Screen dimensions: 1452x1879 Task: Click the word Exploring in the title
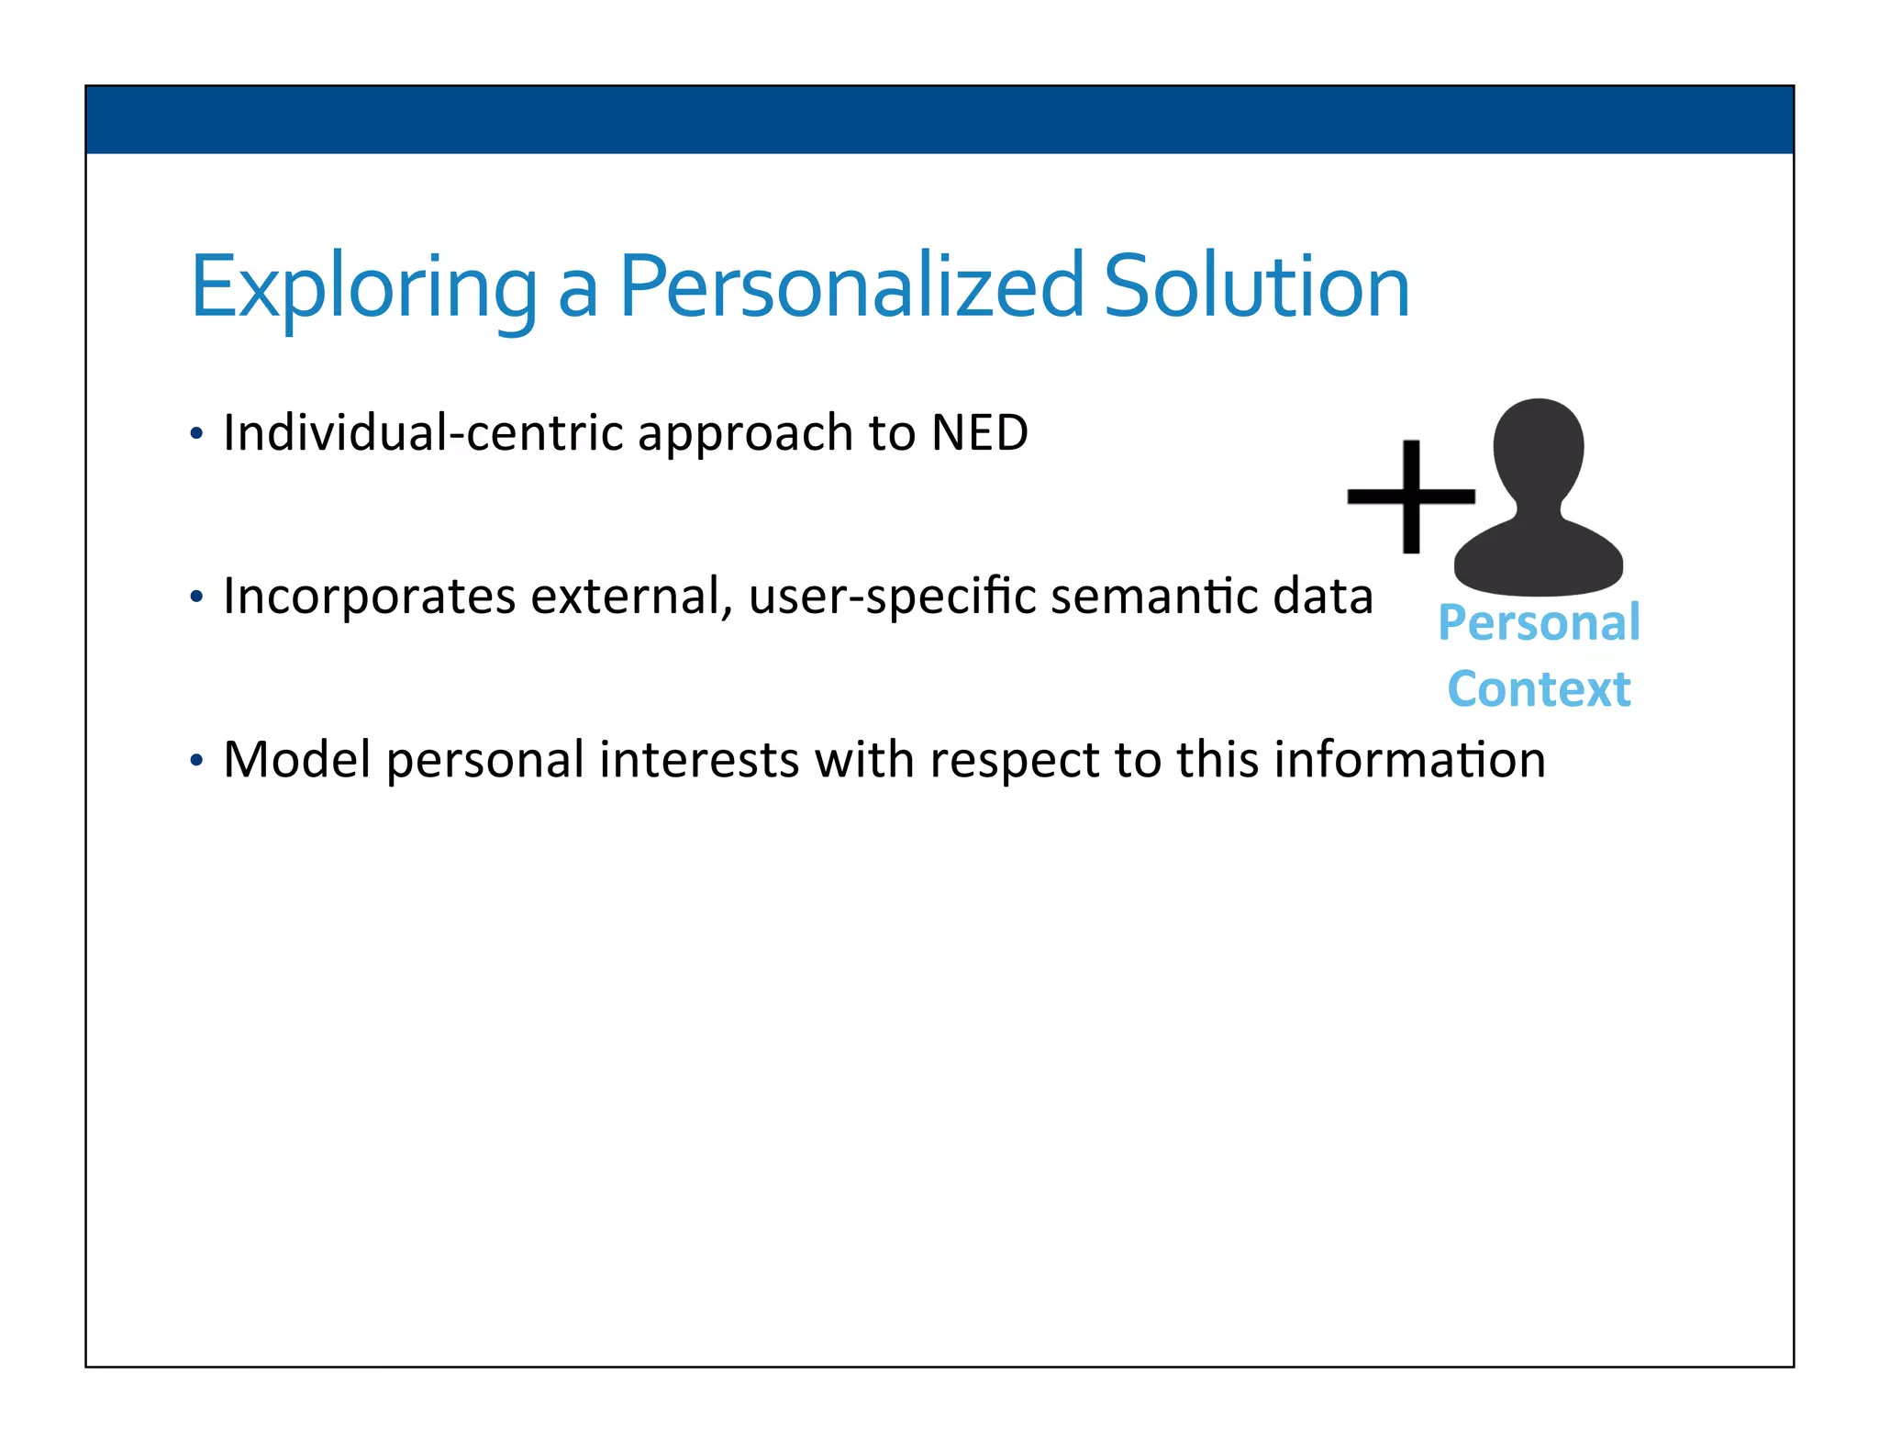(362, 289)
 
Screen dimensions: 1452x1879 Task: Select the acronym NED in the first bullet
(979, 432)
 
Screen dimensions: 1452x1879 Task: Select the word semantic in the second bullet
(1153, 597)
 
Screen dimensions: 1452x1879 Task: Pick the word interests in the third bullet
(698, 760)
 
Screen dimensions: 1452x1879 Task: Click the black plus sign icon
(1411, 497)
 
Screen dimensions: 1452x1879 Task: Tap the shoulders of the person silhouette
(1539, 560)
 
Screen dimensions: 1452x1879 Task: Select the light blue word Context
(1539, 689)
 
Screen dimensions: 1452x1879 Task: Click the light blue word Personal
(1539, 623)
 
